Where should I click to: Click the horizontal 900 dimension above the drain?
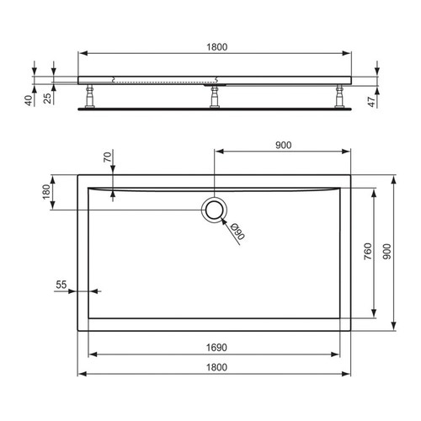coord(283,145)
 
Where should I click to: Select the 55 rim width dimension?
coord(61,285)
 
